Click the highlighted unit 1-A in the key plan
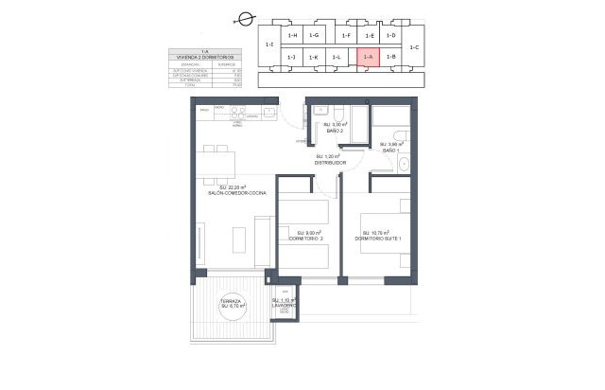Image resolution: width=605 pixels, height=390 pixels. [369, 58]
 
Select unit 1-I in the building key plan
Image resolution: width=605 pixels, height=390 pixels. [269, 45]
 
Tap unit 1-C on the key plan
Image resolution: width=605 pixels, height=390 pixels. [417, 46]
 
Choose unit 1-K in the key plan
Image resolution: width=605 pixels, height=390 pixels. [313, 58]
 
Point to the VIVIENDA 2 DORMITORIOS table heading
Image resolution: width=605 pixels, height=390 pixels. [205, 59]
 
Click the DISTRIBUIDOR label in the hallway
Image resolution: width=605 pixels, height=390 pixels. [330, 163]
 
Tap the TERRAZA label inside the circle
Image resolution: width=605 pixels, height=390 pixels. [233, 303]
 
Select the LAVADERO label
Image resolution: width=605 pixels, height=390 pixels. [285, 305]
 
